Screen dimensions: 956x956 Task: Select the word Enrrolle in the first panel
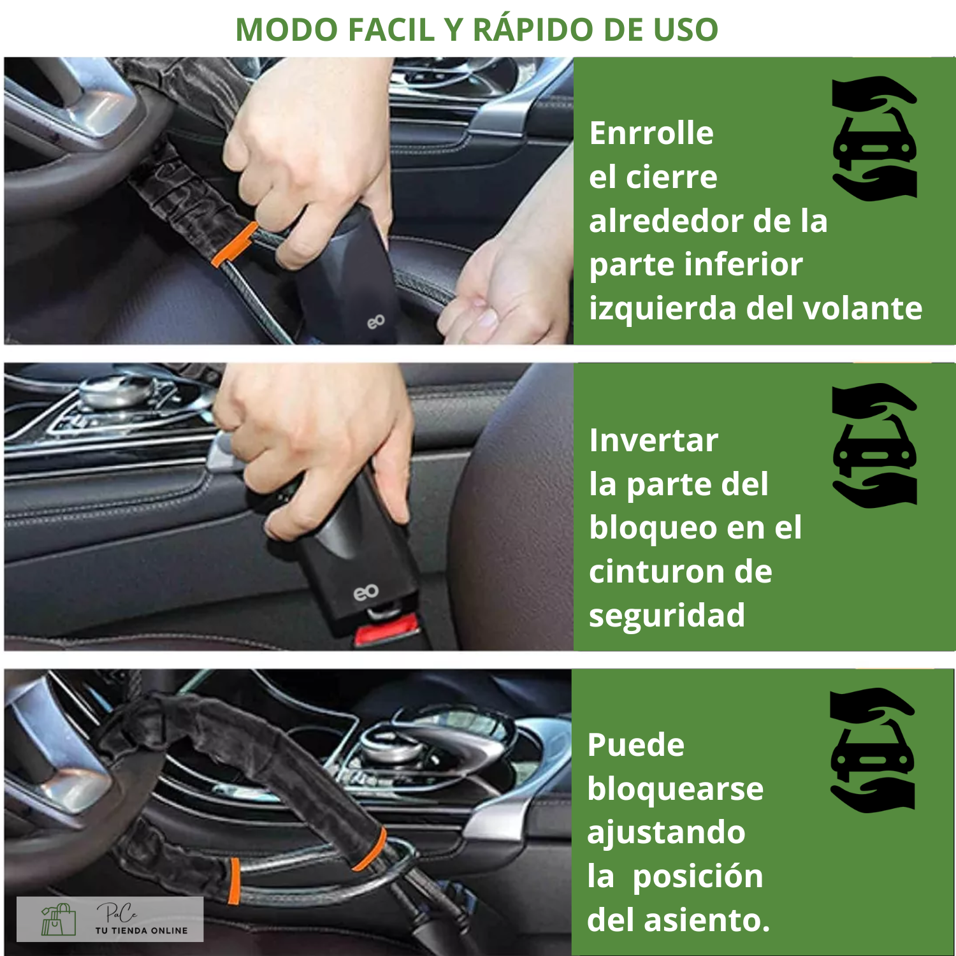(x=651, y=133)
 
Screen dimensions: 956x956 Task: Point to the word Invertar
(x=654, y=440)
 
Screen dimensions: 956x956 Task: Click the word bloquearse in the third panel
(x=676, y=788)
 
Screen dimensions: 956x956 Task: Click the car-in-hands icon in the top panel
(x=874, y=139)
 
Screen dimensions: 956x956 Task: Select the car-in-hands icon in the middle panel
(x=874, y=445)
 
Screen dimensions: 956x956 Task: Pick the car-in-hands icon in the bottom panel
(x=873, y=750)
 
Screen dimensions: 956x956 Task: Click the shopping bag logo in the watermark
(x=58, y=920)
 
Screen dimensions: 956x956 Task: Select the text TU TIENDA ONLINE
(x=141, y=931)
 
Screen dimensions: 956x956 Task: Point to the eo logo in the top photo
(x=376, y=321)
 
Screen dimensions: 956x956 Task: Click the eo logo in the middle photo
(x=366, y=593)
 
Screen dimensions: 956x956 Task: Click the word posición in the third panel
(x=698, y=876)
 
